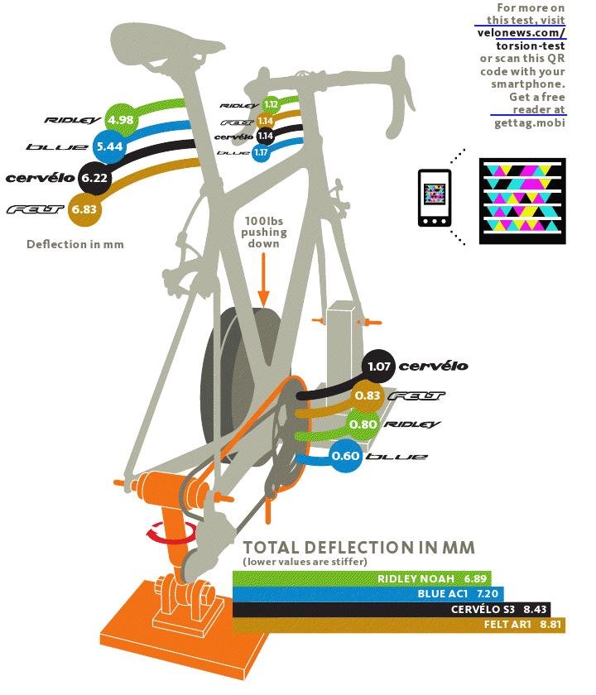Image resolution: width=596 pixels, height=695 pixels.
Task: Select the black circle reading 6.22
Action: pos(95,177)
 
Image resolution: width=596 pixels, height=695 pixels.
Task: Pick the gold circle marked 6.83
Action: pos(84,208)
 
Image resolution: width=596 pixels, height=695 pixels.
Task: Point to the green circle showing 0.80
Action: pos(363,425)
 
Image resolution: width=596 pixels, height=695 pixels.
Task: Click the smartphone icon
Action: pos(434,198)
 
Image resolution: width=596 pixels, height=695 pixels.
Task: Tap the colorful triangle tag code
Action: pos(523,198)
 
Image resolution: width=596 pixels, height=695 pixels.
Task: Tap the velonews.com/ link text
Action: pos(521,33)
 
